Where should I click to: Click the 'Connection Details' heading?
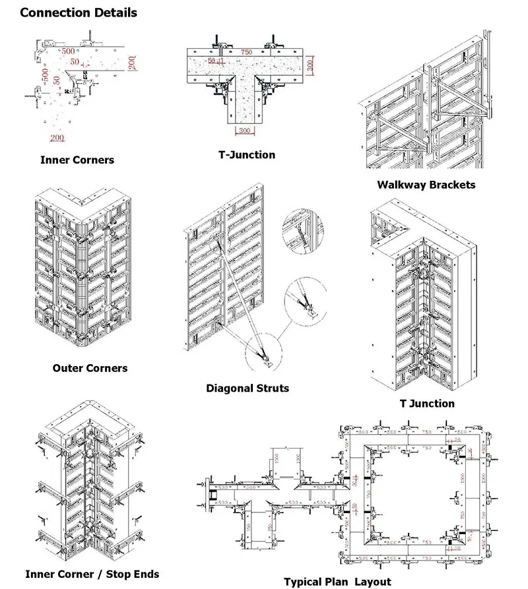[79, 13]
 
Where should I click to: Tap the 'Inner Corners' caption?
[77, 160]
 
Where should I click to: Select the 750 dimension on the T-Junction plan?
[246, 51]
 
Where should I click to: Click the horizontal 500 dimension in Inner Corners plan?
[67, 51]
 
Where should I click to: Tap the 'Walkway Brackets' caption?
[426, 185]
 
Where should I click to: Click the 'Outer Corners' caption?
[90, 367]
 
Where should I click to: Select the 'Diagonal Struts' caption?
[247, 388]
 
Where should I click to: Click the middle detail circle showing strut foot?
[308, 303]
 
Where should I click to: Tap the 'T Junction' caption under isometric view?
[427, 403]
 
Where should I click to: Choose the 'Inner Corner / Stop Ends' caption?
[92, 574]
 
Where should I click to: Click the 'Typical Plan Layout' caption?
[337, 581]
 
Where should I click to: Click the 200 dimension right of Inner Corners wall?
[133, 63]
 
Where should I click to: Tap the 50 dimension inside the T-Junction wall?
[212, 61]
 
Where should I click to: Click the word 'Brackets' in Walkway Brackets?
[452, 185]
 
